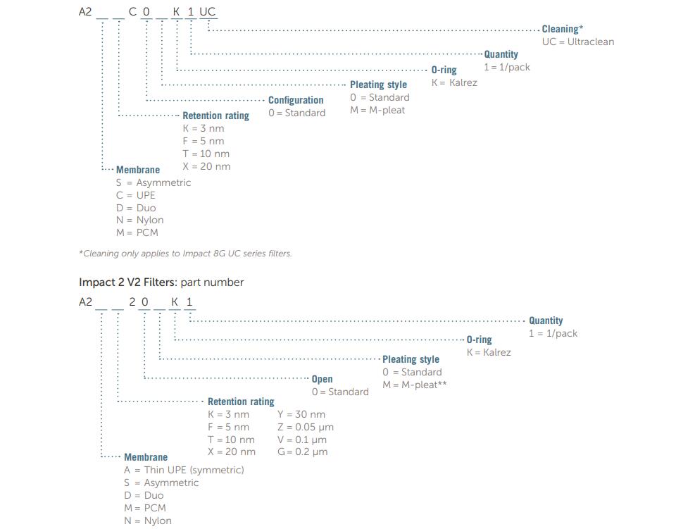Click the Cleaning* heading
pyautogui.click(x=562, y=29)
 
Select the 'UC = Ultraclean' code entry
pyautogui.click(x=578, y=42)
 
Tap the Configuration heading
pyautogui.click(x=296, y=100)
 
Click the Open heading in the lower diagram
pyautogui.click(x=322, y=379)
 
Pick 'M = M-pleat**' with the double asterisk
pyautogui.click(x=415, y=385)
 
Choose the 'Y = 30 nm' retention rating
pyautogui.click(x=301, y=414)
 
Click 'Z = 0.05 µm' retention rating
pyautogui.click(x=306, y=428)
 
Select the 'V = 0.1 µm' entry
pyautogui.click(x=302, y=440)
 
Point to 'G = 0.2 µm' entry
pyautogui.click(x=303, y=452)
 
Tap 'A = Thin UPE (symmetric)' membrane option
pyautogui.click(x=184, y=470)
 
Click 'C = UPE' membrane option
pyautogui.click(x=136, y=195)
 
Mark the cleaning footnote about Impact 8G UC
pyautogui.click(x=185, y=254)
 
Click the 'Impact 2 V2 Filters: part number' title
pyautogui.click(x=161, y=282)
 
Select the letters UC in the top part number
pyautogui.click(x=207, y=12)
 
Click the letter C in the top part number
pyautogui.click(x=133, y=12)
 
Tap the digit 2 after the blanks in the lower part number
pyautogui.click(x=132, y=301)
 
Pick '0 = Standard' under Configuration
pyautogui.click(x=297, y=113)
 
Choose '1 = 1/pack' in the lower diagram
pyautogui.click(x=553, y=333)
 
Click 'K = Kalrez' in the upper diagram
pyautogui.click(x=454, y=82)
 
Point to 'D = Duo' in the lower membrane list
pyautogui.click(x=144, y=495)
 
